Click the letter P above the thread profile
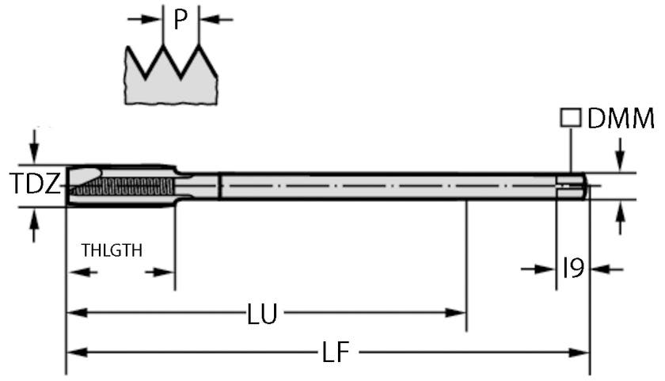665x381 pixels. click(180, 20)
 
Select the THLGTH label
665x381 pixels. click(112, 250)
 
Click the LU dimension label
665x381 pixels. click(262, 314)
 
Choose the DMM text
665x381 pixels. click(621, 119)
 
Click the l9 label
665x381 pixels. click(572, 269)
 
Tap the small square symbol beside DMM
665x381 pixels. click(569, 118)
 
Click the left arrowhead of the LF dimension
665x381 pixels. click(74, 352)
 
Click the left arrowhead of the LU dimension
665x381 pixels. click(74, 313)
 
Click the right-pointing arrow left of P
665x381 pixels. click(146, 19)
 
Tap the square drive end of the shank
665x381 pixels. click(576, 186)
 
